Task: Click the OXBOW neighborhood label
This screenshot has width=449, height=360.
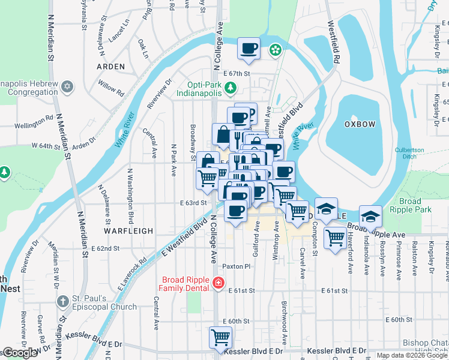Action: tap(360, 124)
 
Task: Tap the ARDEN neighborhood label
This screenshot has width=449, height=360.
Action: tap(110, 67)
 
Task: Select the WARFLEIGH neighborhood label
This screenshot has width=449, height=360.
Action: tap(128, 230)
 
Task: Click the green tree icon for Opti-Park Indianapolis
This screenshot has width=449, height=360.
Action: tap(229, 89)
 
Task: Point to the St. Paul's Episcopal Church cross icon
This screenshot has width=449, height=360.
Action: tap(63, 302)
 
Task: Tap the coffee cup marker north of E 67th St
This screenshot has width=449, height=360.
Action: tap(248, 48)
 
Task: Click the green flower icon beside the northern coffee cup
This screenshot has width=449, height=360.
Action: tap(276, 50)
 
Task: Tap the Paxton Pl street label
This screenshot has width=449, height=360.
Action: tap(235, 266)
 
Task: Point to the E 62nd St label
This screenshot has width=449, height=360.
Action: tap(106, 248)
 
